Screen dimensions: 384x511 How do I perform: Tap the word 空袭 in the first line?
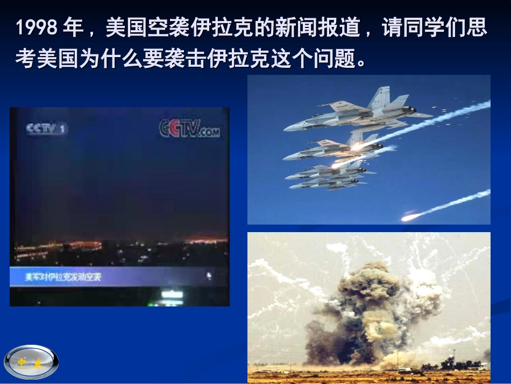click(164, 29)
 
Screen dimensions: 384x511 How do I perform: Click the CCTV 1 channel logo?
click(47, 129)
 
